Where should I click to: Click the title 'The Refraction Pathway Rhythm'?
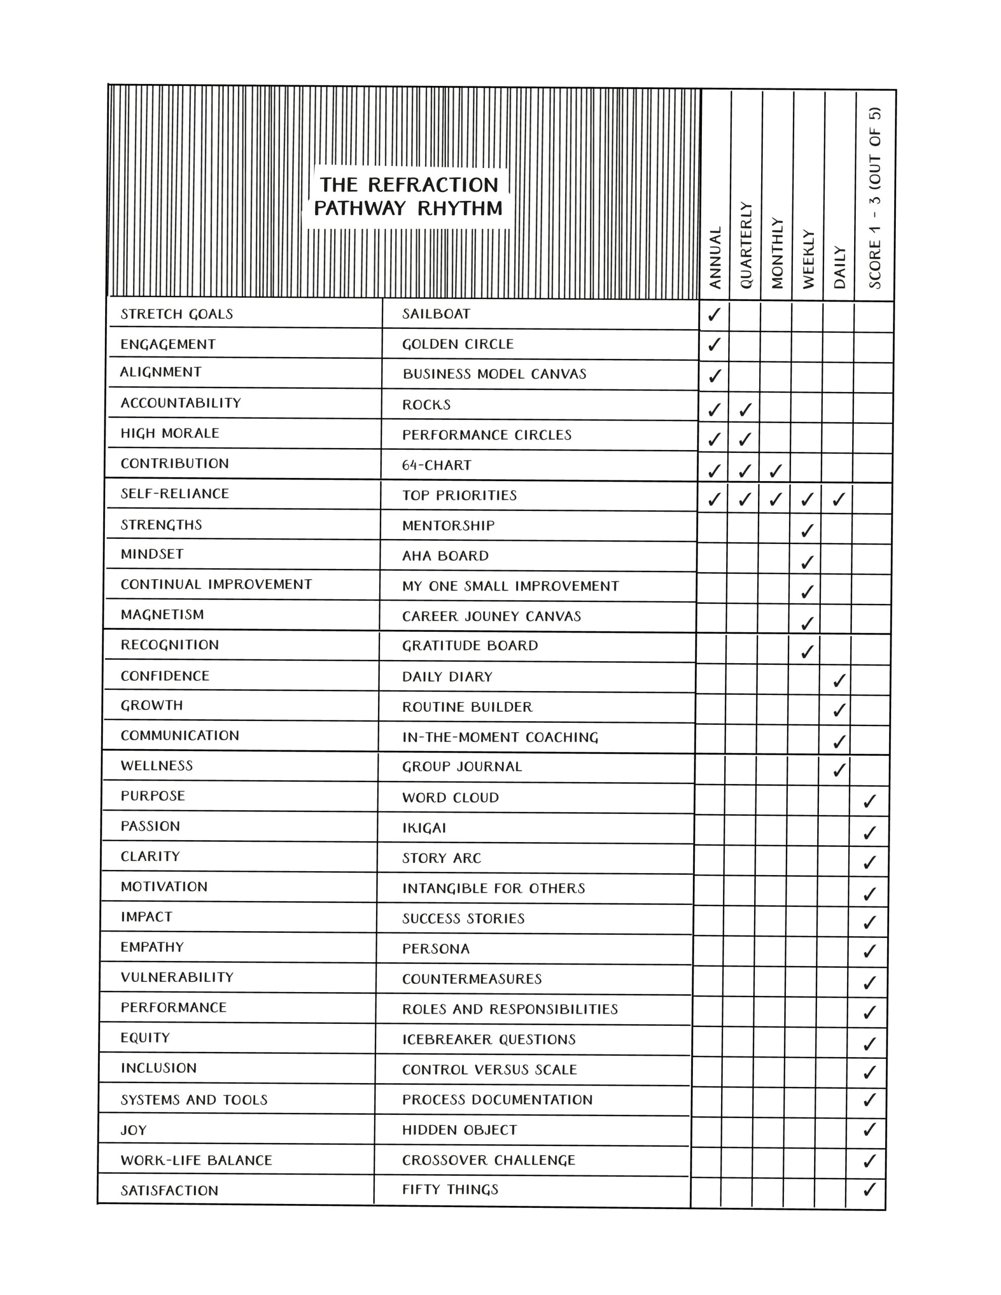pyautogui.click(x=408, y=196)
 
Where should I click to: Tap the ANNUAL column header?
pyautogui.click(x=716, y=257)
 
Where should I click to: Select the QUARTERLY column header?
pyautogui.click(x=746, y=245)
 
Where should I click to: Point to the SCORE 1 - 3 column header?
pyautogui.click(x=874, y=198)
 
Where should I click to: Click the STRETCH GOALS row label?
pyautogui.click(x=177, y=314)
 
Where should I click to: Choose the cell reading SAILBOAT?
pyautogui.click(x=436, y=314)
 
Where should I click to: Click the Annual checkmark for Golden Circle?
pyautogui.click(x=715, y=344)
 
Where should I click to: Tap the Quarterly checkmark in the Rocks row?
pyautogui.click(x=746, y=409)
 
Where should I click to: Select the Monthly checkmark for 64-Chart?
pyautogui.click(x=775, y=471)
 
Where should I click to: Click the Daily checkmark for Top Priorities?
pyautogui.click(x=838, y=499)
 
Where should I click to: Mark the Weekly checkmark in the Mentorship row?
pyautogui.click(x=806, y=530)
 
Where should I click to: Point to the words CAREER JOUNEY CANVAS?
pyautogui.click(x=491, y=616)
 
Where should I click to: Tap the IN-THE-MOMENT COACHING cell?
pyautogui.click(x=499, y=737)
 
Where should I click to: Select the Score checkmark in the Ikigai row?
pyautogui.click(x=869, y=832)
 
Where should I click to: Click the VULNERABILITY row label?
pyautogui.click(x=177, y=977)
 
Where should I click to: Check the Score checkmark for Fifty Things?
pyautogui.click(x=869, y=1189)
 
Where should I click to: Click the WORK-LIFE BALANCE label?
pyautogui.click(x=196, y=1160)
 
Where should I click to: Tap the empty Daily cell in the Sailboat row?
pyautogui.click(x=838, y=317)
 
